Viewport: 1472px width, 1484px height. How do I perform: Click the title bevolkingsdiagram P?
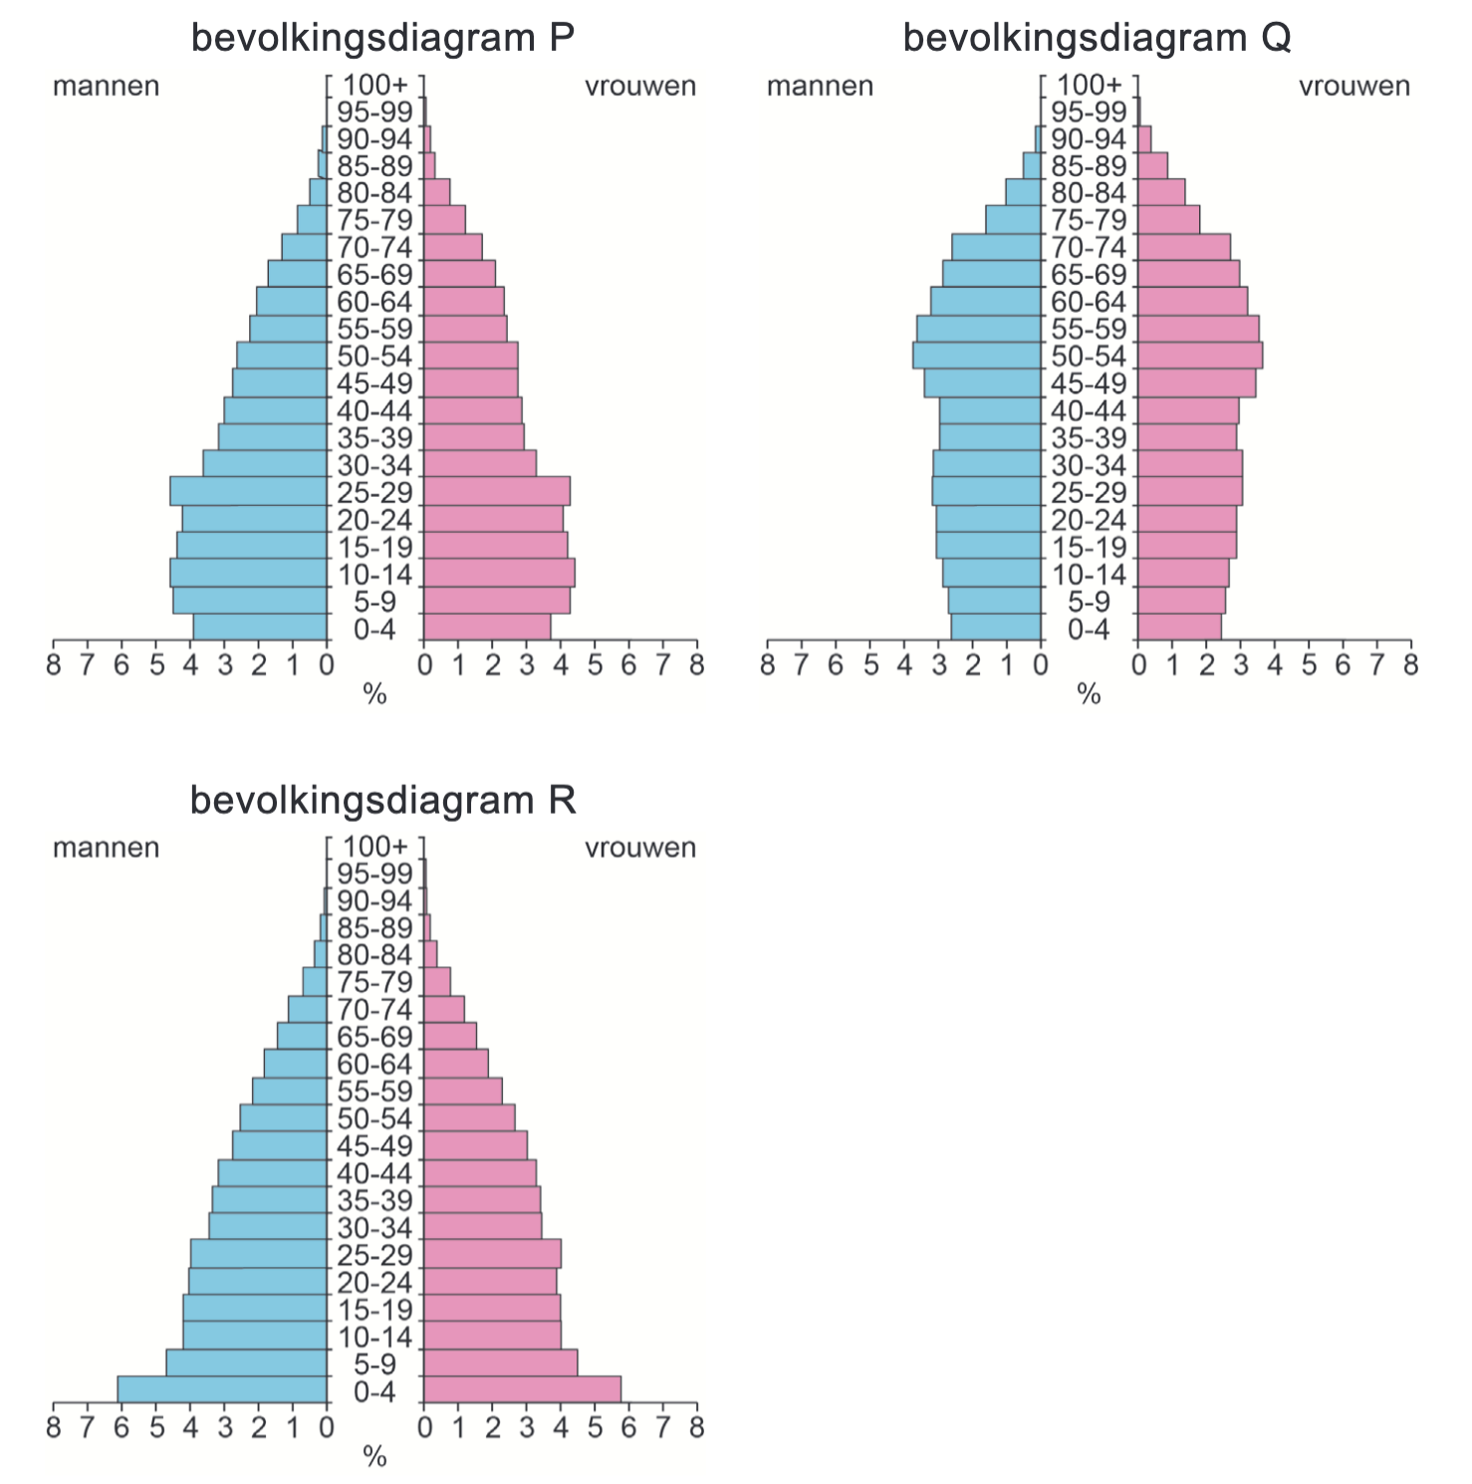pos(382,38)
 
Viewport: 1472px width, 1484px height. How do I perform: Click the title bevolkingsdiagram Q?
pos(1097,38)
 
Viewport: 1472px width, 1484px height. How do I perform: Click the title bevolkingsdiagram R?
pos(382,800)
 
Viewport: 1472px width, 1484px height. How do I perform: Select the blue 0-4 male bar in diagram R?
pos(222,1390)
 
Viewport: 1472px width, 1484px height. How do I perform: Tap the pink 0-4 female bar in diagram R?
pos(522,1390)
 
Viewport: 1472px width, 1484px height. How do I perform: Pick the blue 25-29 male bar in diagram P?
pos(249,492)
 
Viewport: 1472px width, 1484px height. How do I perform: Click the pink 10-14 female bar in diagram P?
pos(499,574)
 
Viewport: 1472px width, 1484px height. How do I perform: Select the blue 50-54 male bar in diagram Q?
pos(977,357)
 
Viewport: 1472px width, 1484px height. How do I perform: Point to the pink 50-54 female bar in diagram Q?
pos(1200,357)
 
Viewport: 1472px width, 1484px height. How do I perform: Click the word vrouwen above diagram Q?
pos(1353,87)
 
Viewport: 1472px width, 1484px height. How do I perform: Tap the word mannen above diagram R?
pos(106,849)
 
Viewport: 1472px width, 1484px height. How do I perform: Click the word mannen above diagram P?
pos(106,87)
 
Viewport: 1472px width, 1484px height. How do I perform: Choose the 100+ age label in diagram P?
pos(374,85)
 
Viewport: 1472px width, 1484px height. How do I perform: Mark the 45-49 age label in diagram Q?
pos(1089,383)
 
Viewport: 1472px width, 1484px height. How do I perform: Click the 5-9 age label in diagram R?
pos(374,1364)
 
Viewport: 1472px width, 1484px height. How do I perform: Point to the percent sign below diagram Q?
pos(1089,695)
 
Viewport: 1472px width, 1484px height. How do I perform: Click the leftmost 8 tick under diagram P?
pos(53,664)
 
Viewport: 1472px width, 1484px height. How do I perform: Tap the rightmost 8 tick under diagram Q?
pos(1410,664)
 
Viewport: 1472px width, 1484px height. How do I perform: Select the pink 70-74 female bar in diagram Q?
pos(1184,247)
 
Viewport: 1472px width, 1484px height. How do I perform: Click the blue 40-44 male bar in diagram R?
pos(273,1173)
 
